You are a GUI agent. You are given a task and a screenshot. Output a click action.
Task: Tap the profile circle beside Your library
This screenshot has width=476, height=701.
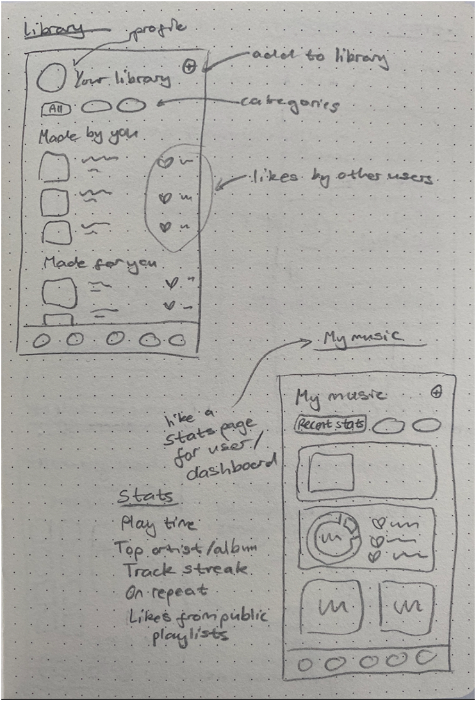(51, 79)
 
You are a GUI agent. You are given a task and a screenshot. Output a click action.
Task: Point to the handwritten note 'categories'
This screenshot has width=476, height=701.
(289, 103)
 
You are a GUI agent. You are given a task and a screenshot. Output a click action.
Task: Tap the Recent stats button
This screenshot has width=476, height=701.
(331, 424)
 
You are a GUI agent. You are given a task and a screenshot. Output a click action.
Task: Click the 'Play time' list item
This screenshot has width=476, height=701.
(158, 524)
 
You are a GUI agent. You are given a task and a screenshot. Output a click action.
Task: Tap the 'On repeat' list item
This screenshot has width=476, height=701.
(167, 593)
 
